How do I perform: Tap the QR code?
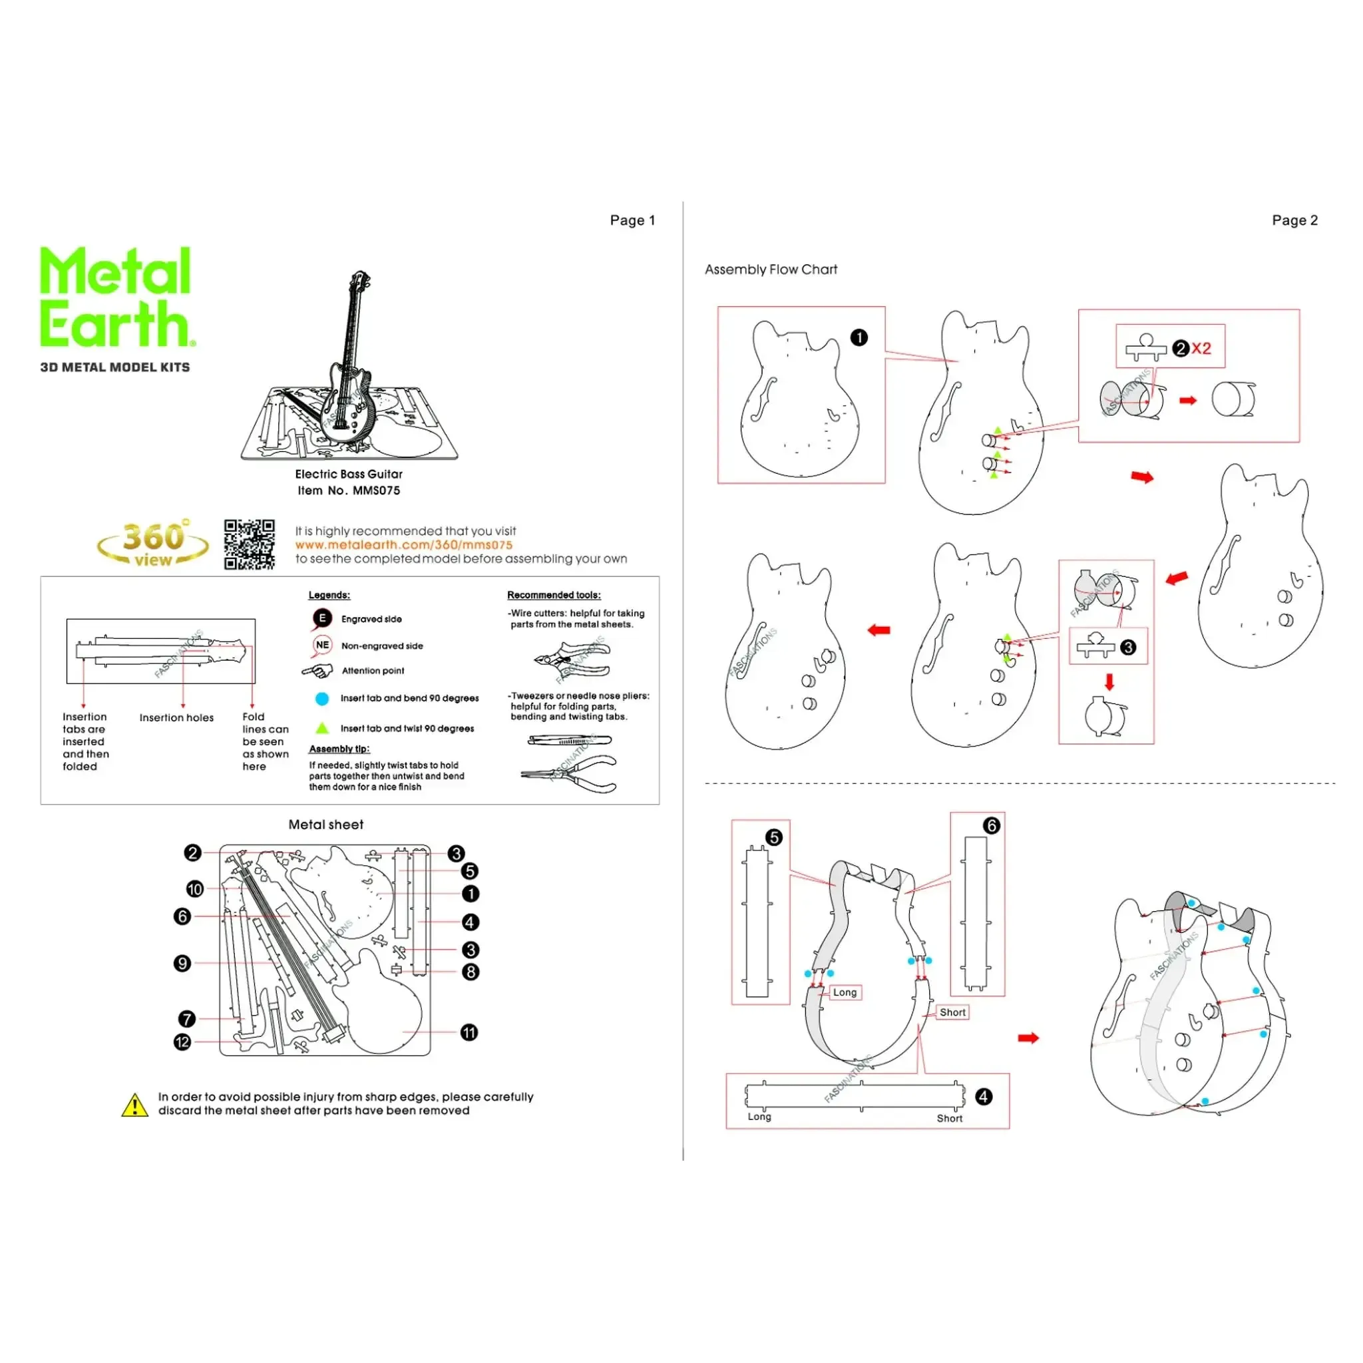(x=249, y=544)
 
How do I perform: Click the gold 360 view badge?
(x=153, y=544)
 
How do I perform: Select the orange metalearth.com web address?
(x=403, y=544)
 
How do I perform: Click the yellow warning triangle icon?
(x=134, y=1105)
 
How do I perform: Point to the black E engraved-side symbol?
(x=322, y=619)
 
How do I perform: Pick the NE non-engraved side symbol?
(x=322, y=645)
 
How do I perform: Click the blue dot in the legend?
(x=322, y=698)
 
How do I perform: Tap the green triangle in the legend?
(x=322, y=728)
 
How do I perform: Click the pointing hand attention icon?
(x=317, y=671)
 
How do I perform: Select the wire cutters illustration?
(x=572, y=659)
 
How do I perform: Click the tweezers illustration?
(x=569, y=740)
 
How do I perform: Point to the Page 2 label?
(x=1294, y=220)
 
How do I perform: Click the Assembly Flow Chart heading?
(x=771, y=270)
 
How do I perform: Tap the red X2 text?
(x=1201, y=348)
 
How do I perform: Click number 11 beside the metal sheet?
(x=469, y=1033)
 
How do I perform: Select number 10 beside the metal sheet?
(x=195, y=889)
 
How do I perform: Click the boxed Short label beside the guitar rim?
(x=952, y=1012)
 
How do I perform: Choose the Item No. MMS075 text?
(x=349, y=490)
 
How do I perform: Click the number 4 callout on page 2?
(x=984, y=1096)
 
